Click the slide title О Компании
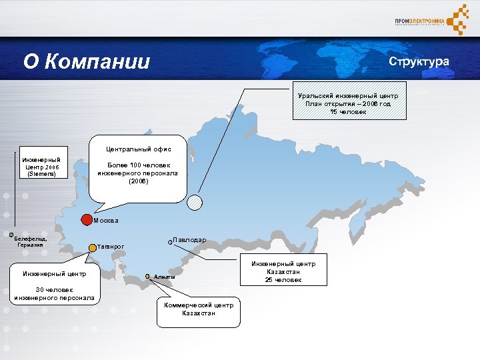point(87,62)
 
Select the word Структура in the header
point(419,61)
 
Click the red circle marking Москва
point(87,219)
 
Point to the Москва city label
point(106,220)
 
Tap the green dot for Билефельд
point(11,234)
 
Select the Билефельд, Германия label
point(31,241)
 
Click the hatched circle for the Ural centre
point(195,203)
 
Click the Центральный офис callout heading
point(139,149)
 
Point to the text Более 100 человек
point(139,165)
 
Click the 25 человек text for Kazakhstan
point(283,280)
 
